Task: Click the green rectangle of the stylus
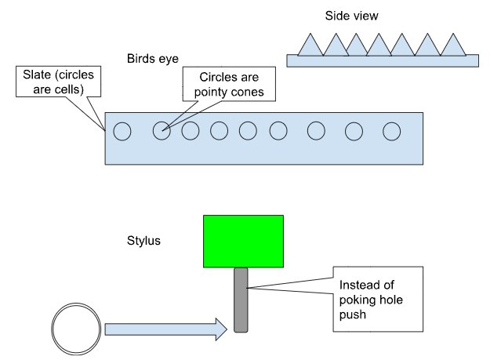pyautogui.click(x=244, y=241)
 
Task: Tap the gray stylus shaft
pyautogui.click(x=241, y=300)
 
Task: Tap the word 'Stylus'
pyautogui.click(x=143, y=240)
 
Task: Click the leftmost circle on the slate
pyautogui.click(x=122, y=131)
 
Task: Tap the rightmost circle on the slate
pyautogui.click(x=391, y=131)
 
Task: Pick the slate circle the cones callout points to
pyautogui.click(x=161, y=131)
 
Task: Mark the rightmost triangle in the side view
pyautogui.click(x=453, y=45)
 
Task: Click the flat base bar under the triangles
pyautogui.click(x=383, y=60)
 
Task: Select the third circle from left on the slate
pyautogui.click(x=191, y=131)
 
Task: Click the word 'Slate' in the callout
pyautogui.click(x=34, y=75)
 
